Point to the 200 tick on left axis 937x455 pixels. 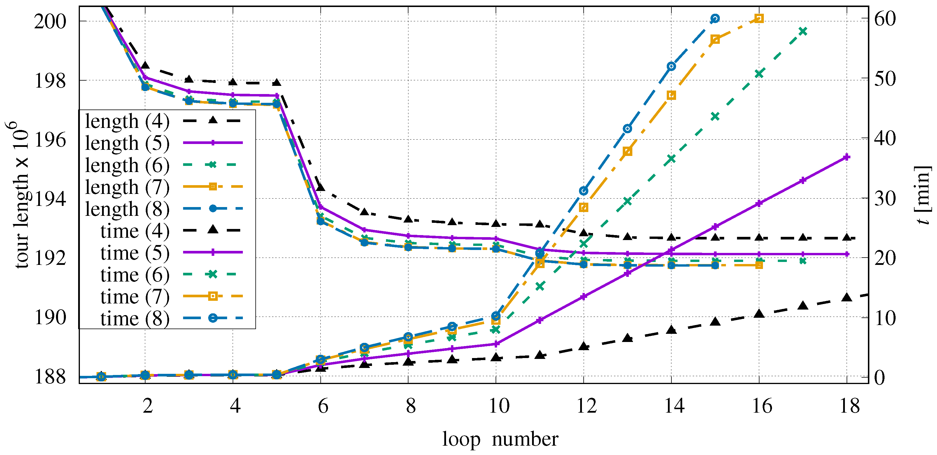50,22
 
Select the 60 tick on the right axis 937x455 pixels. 885,19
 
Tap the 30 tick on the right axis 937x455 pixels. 885,199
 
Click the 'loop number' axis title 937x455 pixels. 500,439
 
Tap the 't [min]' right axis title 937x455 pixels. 923,195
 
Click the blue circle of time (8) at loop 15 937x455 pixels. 715,19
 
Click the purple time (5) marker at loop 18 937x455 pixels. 847,157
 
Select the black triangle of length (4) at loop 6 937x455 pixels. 320,187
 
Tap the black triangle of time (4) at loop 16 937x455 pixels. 759,313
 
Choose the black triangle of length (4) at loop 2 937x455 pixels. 145,65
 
